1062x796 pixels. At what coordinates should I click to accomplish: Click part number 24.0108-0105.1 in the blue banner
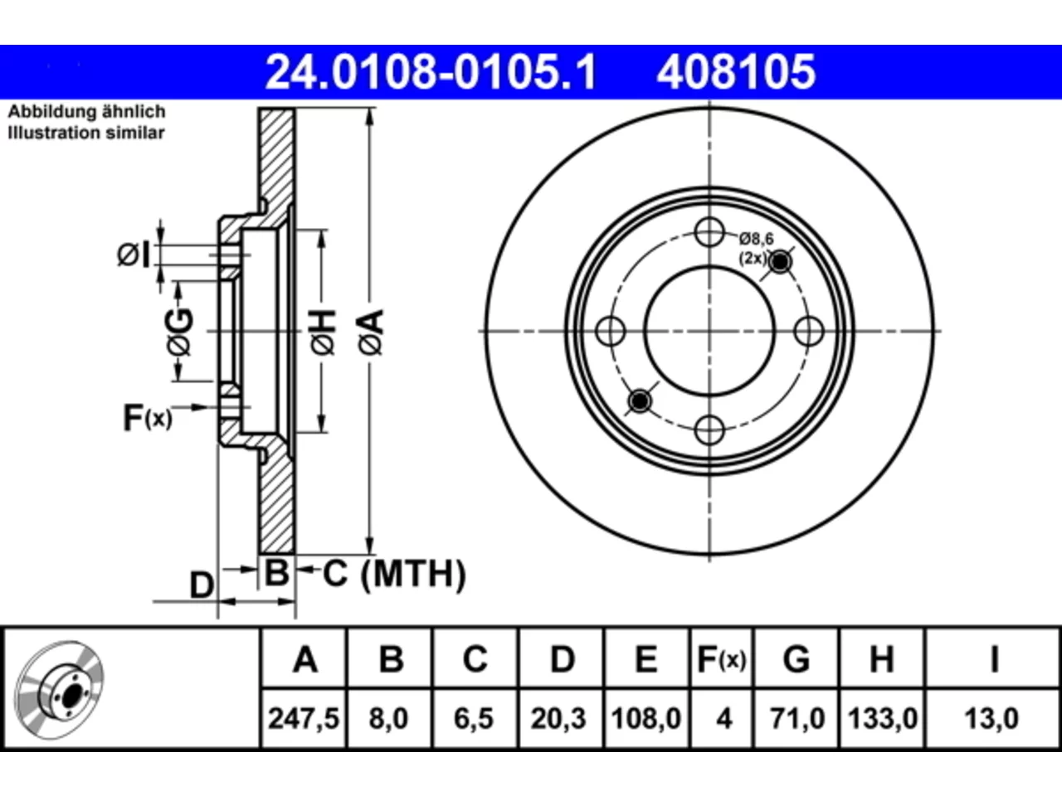431,72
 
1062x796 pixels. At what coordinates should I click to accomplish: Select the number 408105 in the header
736,72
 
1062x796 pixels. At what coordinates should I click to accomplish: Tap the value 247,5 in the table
304,718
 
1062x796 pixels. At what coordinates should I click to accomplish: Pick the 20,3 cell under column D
558,718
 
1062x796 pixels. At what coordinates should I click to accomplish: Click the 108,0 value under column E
645,718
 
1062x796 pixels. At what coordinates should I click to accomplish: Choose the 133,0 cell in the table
883,718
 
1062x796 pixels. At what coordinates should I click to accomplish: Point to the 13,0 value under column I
991,718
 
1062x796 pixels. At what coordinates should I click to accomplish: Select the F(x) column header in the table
721,659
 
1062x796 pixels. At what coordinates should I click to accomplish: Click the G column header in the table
796,659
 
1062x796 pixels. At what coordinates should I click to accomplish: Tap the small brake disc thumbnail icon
59,690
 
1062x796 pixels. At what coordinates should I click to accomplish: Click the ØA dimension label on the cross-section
371,332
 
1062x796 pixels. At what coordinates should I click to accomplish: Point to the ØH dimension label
323,332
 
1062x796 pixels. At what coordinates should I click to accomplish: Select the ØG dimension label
180,332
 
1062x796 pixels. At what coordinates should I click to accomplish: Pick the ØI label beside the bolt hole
134,255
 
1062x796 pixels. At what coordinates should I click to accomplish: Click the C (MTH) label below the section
394,574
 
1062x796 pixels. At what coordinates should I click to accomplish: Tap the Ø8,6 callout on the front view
756,238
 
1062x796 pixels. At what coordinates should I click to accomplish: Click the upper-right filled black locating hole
780,262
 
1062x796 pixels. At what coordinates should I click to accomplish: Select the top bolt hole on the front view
709,232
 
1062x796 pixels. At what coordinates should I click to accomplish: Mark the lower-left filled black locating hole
640,400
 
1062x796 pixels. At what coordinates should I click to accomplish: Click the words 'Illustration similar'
86,133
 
